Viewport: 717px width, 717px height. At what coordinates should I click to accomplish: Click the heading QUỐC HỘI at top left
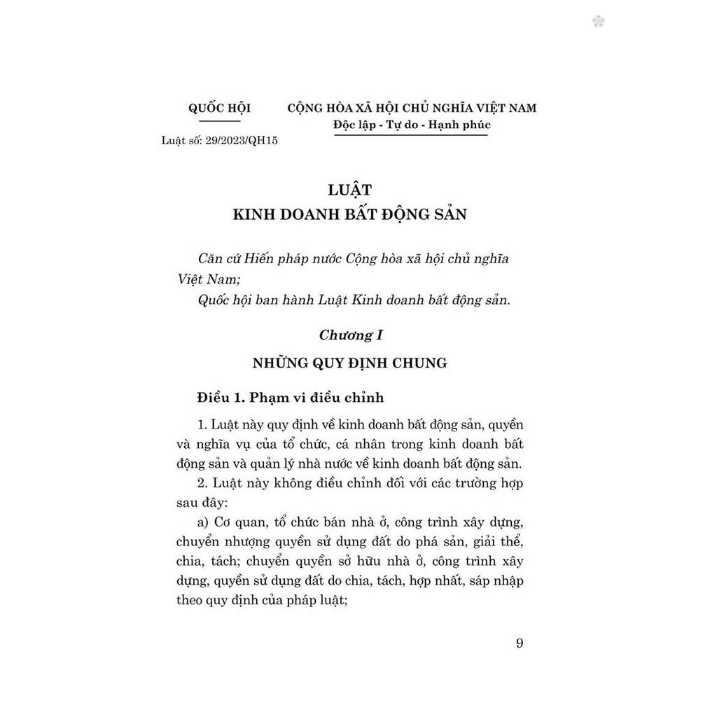[x=219, y=109]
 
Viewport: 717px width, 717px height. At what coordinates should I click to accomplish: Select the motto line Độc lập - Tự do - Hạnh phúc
[x=412, y=125]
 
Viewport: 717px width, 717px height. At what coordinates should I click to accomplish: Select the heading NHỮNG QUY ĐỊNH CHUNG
[x=349, y=363]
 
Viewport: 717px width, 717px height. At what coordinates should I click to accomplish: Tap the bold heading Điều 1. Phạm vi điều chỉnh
[x=291, y=398]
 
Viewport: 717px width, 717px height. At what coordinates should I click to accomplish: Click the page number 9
[x=519, y=643]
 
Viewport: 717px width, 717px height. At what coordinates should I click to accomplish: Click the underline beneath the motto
[x=412, y=135]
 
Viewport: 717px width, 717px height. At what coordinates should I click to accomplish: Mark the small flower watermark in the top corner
[x=598, y=22]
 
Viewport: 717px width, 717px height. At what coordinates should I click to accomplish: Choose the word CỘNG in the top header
[x=305, y=109]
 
